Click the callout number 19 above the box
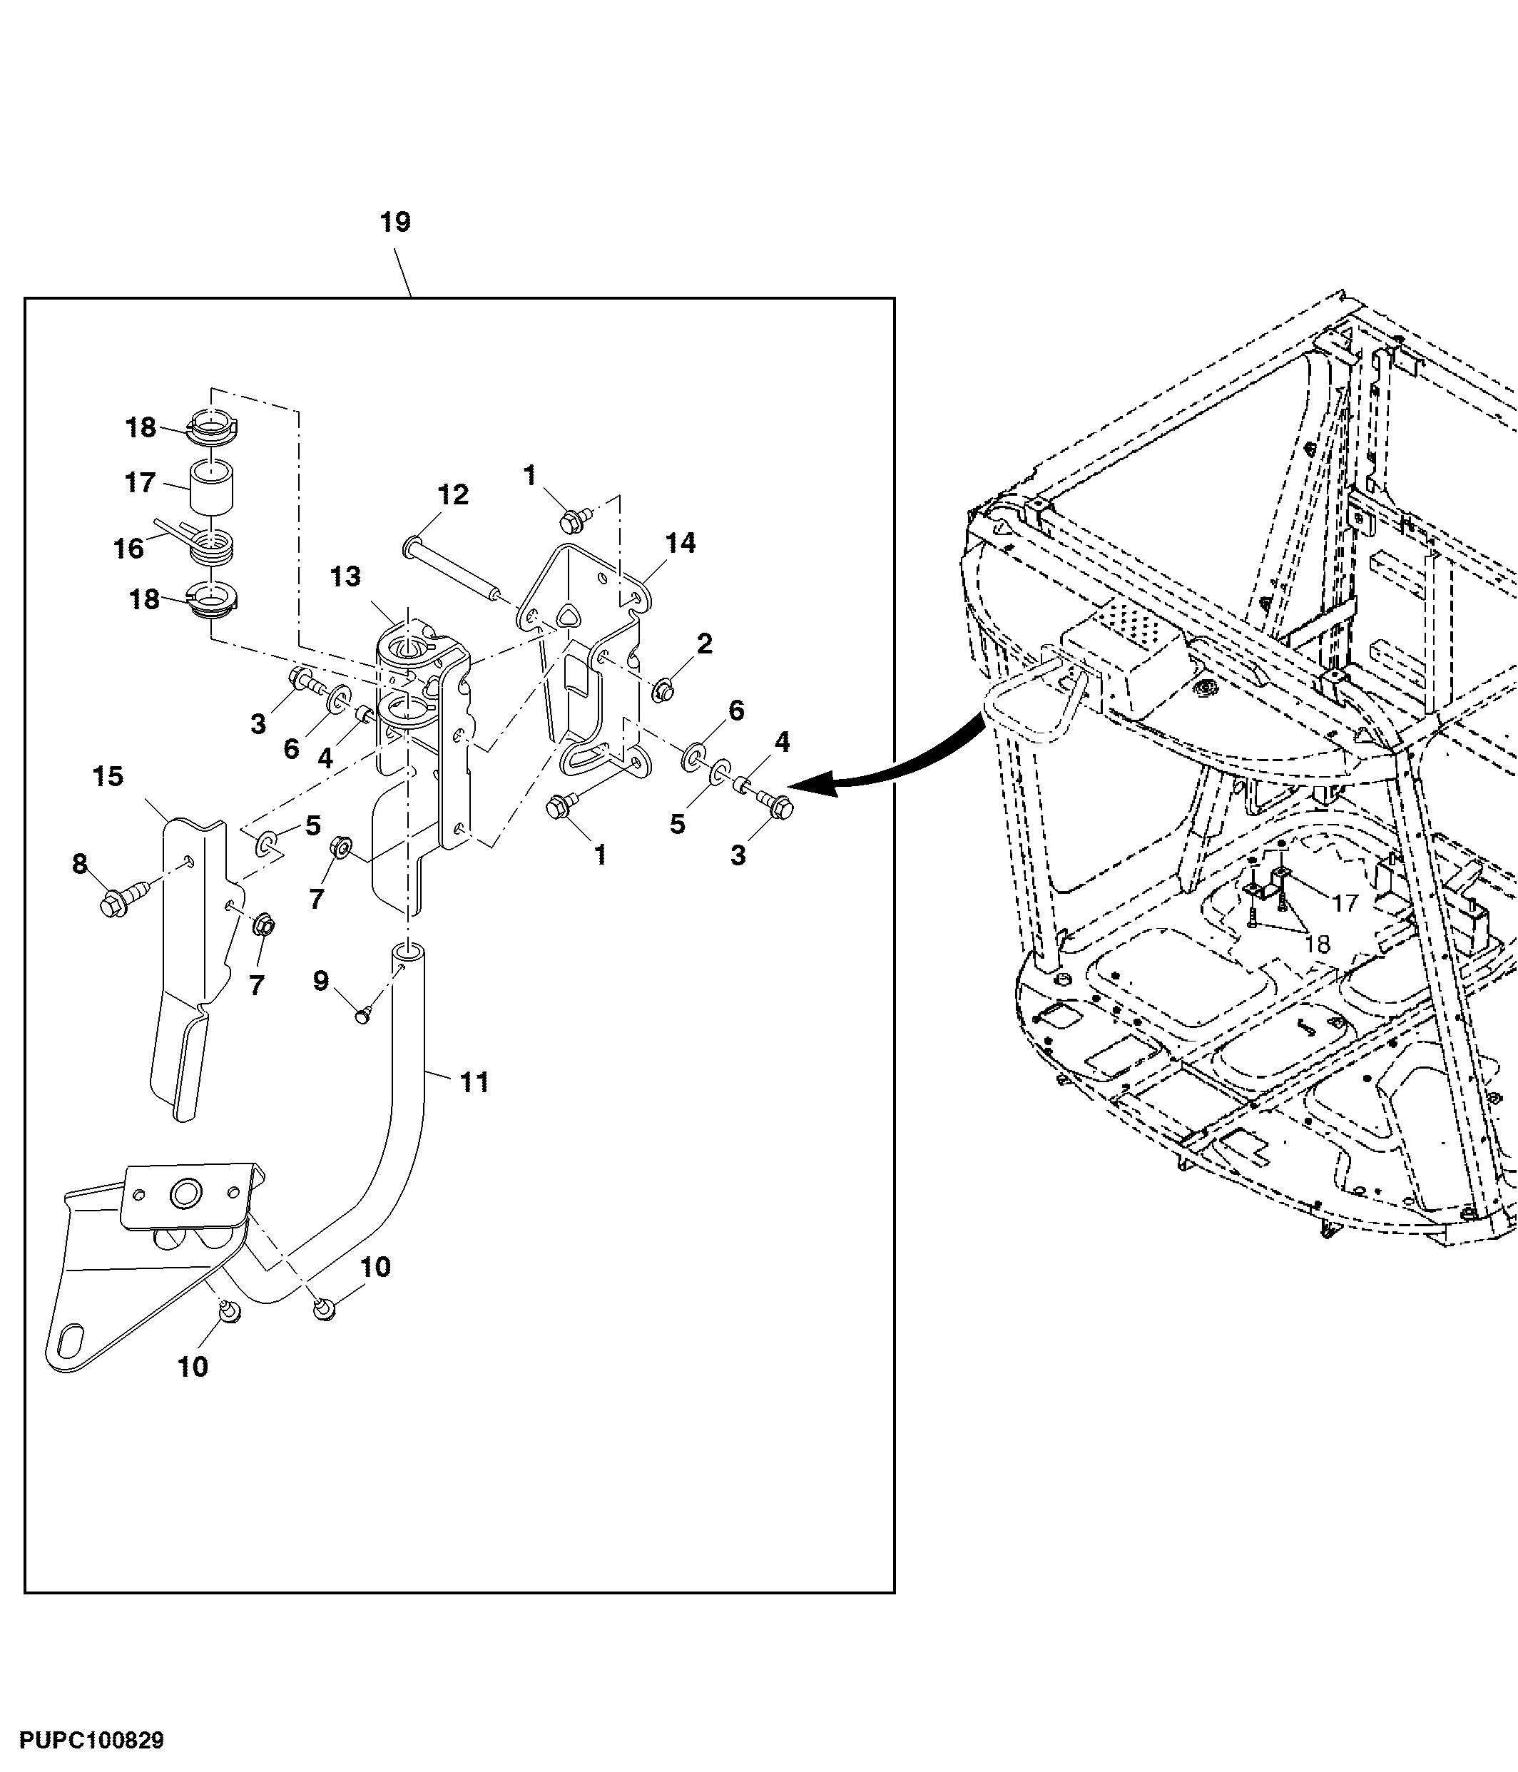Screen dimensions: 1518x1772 tap(395, 223)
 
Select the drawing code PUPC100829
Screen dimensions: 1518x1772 tap(91, 1741)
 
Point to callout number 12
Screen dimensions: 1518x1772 tap(453, 494)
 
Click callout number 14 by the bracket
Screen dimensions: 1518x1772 tap(681, 542)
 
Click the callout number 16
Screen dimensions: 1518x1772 tap(129, 548)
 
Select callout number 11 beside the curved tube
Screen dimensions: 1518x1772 tap(474, 1082)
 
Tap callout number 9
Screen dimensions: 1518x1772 tap(321, 980)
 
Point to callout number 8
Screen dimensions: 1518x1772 tap(79, 864)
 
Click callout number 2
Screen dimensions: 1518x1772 tap(705, 643)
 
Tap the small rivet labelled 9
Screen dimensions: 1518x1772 tap(364, 1014)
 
